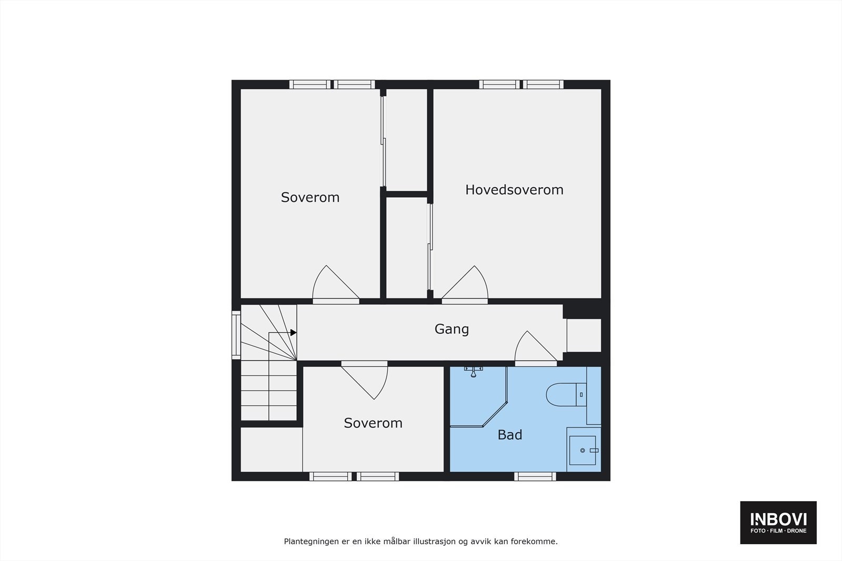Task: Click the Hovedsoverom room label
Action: click(x=514, y=190)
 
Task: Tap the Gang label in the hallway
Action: click(x=452, y=329)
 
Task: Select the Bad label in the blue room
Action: click(x=509, y=435)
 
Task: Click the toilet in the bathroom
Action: click(x=561, y=395)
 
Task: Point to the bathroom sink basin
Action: click(x=583, y=451)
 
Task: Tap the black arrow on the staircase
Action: click(x=293, y=333)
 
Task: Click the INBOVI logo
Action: click(x=778, y=522)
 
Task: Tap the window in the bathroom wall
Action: click(x=535, y=476)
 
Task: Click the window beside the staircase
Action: click(x=236, y=335)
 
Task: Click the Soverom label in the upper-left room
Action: click(x=310, y=198)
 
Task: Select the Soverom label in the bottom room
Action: click(x=373, y=423)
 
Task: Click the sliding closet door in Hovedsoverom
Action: click(x=430, y=247)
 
